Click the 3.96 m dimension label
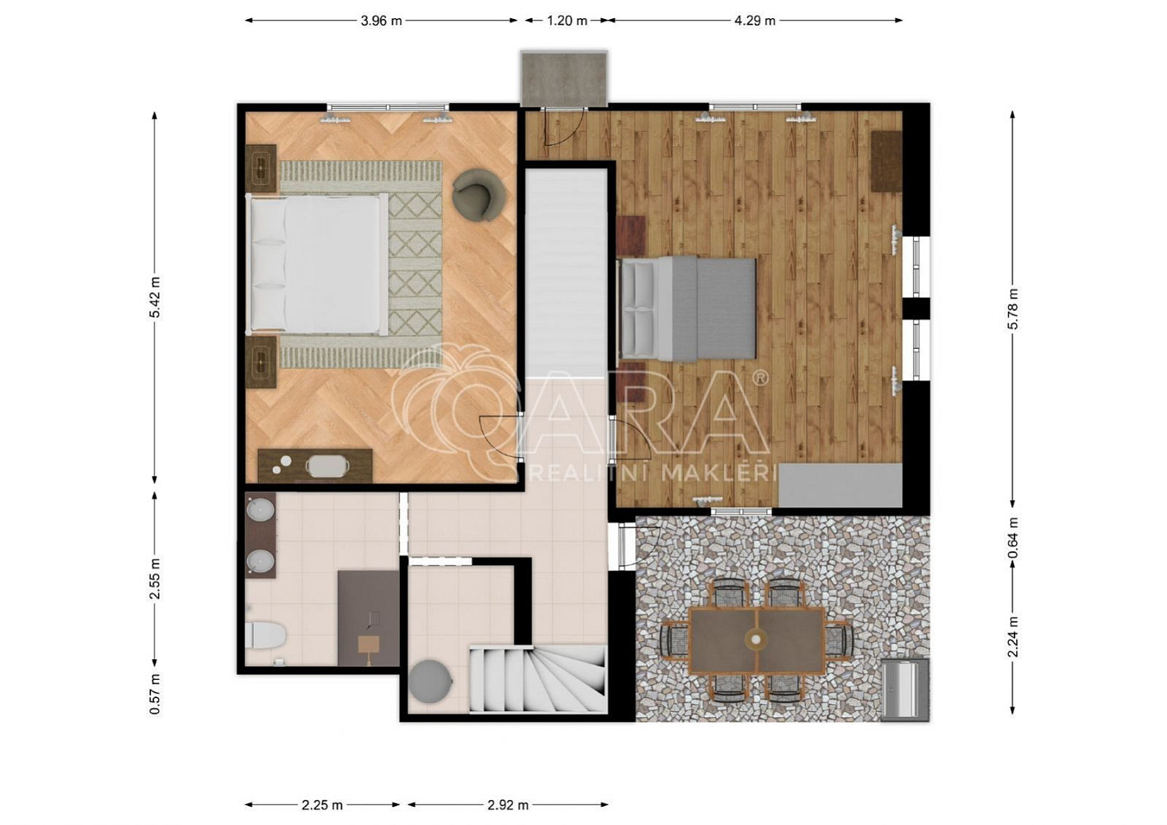[x=381, y=21]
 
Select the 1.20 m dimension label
[x=567, y=21]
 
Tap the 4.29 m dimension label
[x=755, y=21]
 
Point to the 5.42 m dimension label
[x=155, y=298]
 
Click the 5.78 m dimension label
[x=1013, y=309]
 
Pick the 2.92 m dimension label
[x=508, y=805]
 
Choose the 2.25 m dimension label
[x=322, y=805]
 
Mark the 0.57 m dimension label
[x=155, y=694]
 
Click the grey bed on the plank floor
[x=687, y=309]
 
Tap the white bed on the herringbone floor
[x=318, y=264]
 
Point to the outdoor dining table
[x=757, y=640]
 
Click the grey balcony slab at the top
[x=565, y=78]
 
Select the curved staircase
[x=539, y=678]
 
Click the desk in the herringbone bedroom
[x=315, y=465]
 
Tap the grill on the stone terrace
[x=905, y=690]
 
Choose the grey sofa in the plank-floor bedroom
[x=840, y=484]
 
